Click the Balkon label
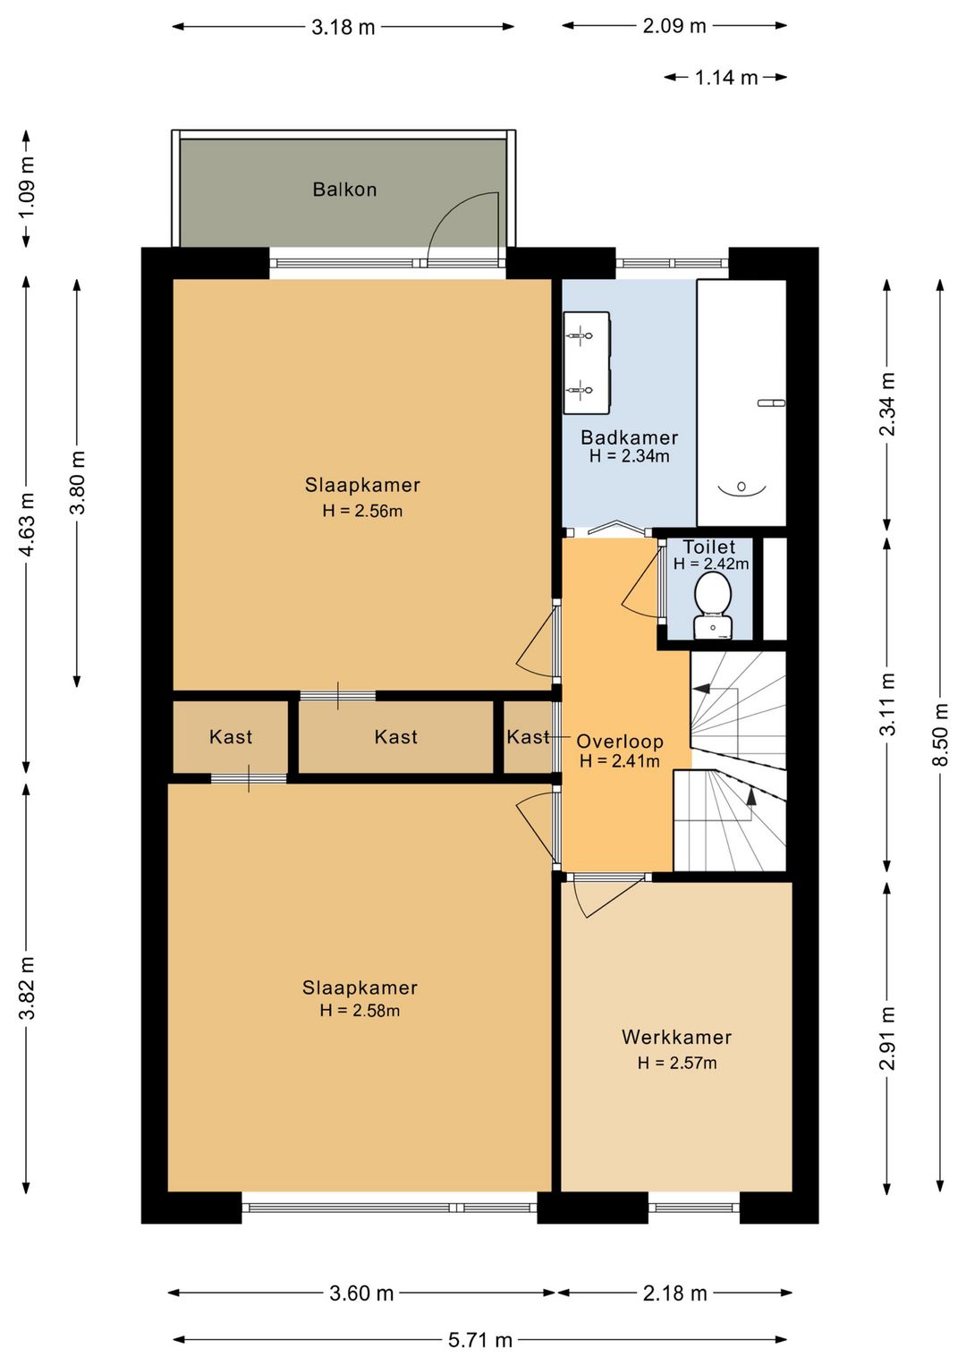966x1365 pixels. tap(344, 190)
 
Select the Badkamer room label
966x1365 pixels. tap(629, 437)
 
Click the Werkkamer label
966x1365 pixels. tap(676, 1037)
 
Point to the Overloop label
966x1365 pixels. tap(619, 742)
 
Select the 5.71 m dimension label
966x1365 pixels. tap(480, 1339)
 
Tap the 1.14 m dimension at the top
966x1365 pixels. tap(726, 78)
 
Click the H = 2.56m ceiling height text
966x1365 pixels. tap(362, 511)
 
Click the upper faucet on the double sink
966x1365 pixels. tap(580, 335)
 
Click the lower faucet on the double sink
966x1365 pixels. tap(580, 389)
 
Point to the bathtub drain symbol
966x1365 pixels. tap(741, 486)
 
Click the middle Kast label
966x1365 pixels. tap(395, 737)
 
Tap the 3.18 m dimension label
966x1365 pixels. tap(343, 27)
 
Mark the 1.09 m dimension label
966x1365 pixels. tap(26, 188)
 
